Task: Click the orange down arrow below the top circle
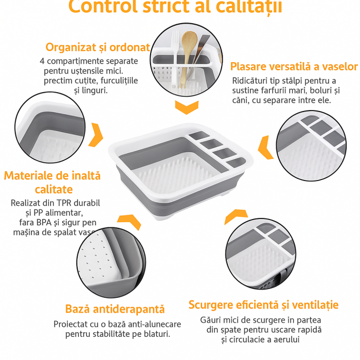pos(186,107)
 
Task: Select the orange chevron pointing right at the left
pos(96,135)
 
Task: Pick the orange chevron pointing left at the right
pos(266,147)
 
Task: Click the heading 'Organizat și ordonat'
pos(98,47)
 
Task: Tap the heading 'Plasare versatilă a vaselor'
pos(294,66)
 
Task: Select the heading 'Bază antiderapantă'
pos(115,309)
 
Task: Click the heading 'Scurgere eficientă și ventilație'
pos(263,305)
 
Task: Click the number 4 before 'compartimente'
pos(42,61)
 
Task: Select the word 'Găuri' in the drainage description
pos(211,320)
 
